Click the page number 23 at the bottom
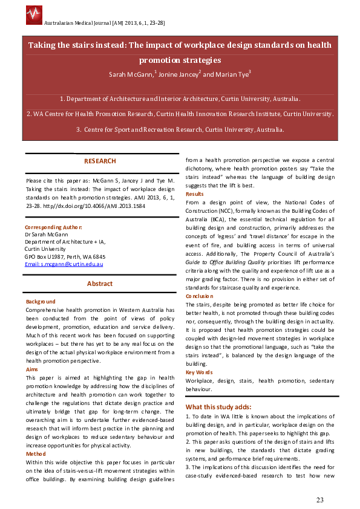tap(320, 499)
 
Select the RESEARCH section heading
tap(100, 161)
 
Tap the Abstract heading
tap(100, 284)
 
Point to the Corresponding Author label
tap(53, 227)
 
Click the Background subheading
tap(41, 302)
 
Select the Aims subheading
tap(32, 369)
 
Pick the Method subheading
tap(36, 453)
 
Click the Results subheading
tap(194, 194)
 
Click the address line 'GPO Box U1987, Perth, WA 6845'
tap(65, 256)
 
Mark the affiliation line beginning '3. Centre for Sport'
tap(180, 129)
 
